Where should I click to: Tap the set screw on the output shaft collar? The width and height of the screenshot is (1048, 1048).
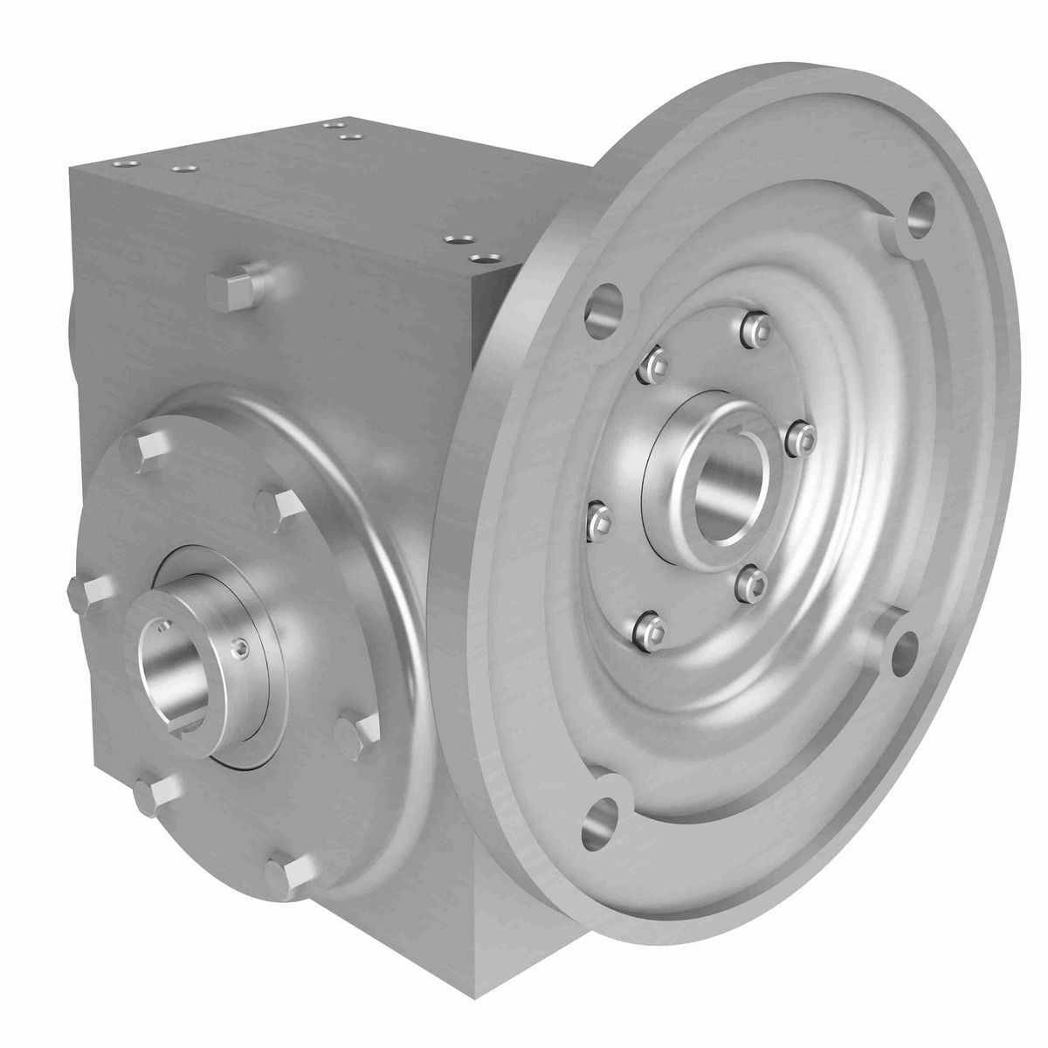pyautogui.click(x=240, y=646)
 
